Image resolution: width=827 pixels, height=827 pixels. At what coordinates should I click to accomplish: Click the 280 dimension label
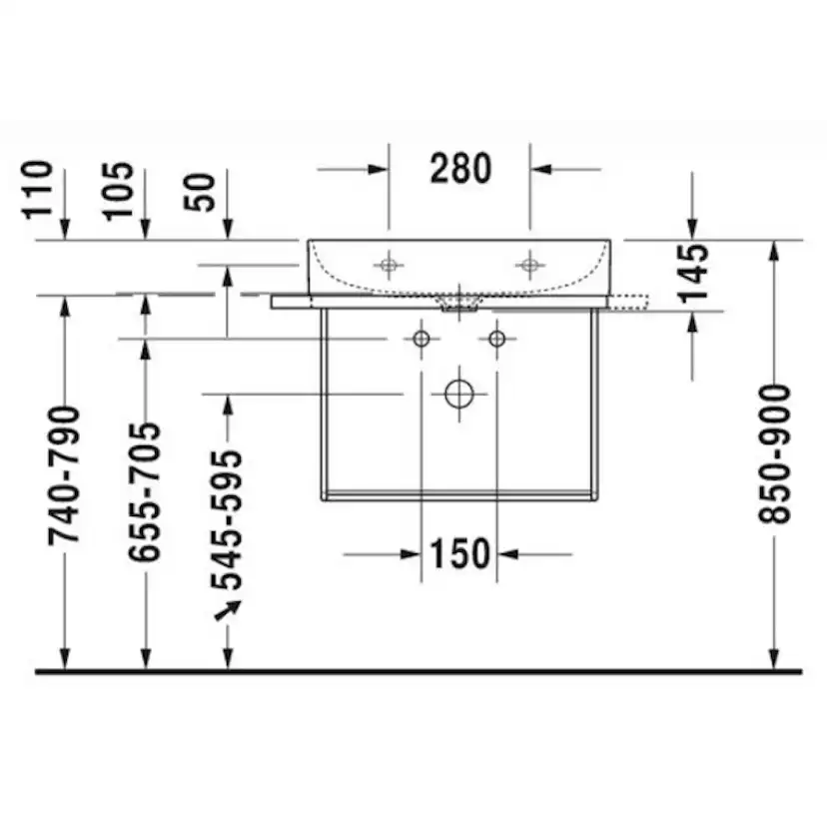[460, 169]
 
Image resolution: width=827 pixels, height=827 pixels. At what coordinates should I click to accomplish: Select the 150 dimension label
[459, 553]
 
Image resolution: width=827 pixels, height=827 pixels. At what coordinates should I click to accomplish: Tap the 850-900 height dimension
[774, 454]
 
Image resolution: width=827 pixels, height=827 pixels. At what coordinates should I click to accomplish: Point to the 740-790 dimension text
[64, 475]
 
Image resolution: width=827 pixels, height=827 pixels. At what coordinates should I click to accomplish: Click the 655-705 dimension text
[145, 491]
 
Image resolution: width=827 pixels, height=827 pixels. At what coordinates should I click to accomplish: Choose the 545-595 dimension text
[227, 519]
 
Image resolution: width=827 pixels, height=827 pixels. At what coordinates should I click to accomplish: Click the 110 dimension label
[37, 190]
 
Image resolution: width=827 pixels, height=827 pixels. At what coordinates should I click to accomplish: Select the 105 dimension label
[118, 191]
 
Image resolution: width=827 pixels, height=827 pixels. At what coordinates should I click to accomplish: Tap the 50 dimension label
[200, 192]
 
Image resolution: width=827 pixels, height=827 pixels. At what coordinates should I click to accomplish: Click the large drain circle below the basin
[458, 394]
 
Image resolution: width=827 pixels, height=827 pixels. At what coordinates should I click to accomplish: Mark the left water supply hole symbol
[420, 338]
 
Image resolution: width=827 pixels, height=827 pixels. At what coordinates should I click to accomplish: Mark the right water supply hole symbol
[496, 338]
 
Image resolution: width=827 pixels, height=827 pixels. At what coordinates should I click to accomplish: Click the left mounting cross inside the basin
[389, 265]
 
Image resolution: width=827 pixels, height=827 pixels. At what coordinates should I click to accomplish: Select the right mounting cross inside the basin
[529, 265]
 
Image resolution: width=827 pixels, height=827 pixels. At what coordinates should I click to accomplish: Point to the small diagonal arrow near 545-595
[228, 610]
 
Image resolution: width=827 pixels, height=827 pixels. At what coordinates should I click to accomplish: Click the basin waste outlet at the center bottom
[459, 303]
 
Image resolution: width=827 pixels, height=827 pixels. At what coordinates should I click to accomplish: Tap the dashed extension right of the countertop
[628, 302]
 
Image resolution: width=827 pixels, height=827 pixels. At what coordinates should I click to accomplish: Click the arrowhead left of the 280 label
[379, 170]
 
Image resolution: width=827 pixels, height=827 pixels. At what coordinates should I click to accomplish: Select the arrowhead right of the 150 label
[508, 554]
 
